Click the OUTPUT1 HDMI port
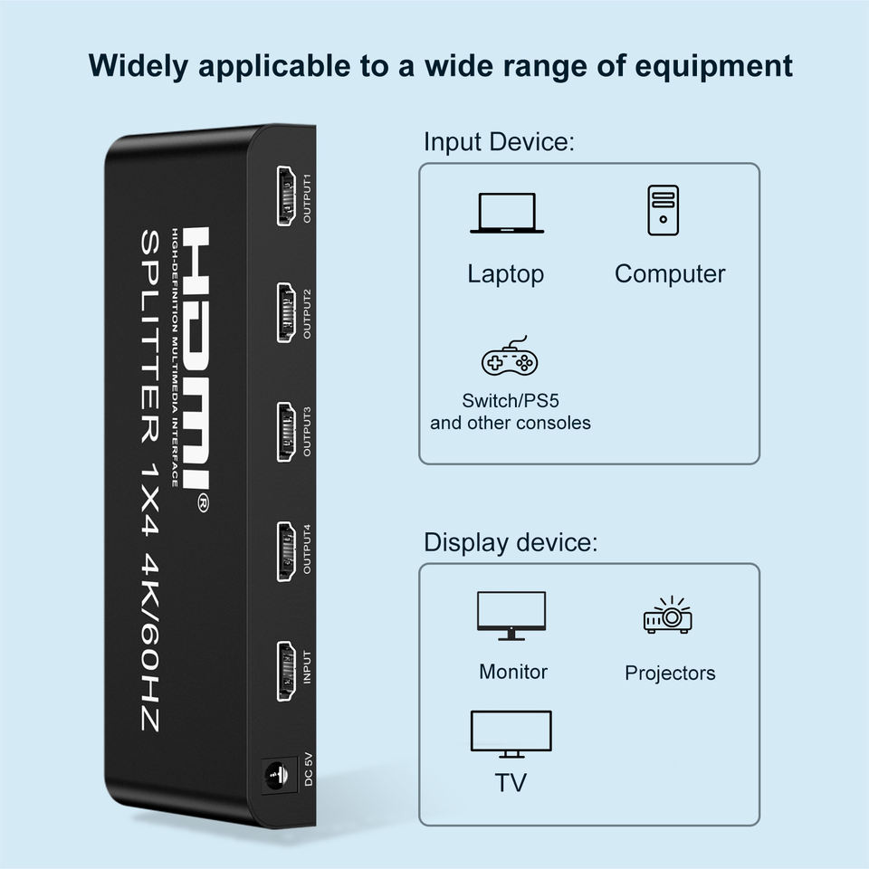click(287, 196)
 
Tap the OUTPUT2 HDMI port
click(287, 312)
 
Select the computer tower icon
click(664, 210)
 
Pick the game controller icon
click(509, 359)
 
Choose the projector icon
click(668, 616)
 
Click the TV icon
click(511, 734)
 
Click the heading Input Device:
click(500, 142)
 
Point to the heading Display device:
click(511, 543)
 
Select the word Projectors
click(670, 673)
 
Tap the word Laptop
click(505, 274)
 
